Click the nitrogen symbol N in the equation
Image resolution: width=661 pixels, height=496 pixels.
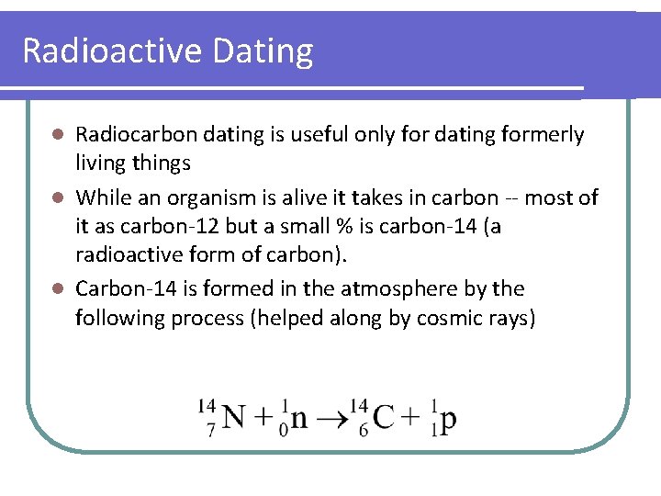click(233, 418)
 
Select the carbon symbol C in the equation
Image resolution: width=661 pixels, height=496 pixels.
click(384, 418)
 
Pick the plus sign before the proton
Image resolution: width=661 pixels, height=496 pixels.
click(413, 419)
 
